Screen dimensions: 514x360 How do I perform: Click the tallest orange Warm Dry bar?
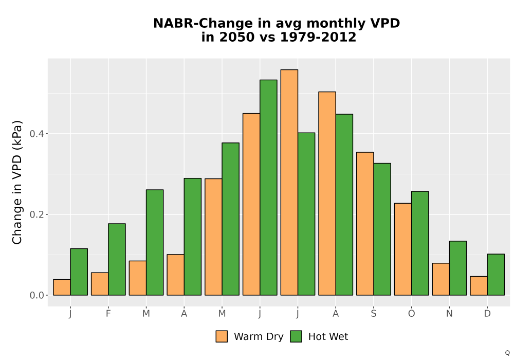[289, 182]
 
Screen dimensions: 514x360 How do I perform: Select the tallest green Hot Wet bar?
[268, 188]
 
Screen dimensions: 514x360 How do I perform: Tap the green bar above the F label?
[117, 259]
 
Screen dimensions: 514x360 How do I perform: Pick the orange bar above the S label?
[365, 224]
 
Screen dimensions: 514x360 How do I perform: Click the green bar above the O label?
[420, 243]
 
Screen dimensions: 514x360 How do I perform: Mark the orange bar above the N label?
[441, 279]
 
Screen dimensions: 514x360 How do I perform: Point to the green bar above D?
[495, 275]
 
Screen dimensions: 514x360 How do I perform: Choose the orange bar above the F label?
[100, 284]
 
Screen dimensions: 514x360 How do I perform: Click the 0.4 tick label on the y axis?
[36, 134]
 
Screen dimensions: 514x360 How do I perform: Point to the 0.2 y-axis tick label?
[36, 214]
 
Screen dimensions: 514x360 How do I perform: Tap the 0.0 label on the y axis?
[36, 295]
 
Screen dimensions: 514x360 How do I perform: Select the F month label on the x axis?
[108, 314]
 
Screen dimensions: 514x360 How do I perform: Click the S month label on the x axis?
[374, 314]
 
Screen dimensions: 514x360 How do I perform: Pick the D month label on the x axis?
[487, 314]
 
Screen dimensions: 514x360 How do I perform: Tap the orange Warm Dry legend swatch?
[222, 336]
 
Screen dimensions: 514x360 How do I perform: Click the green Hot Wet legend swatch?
[296, 336]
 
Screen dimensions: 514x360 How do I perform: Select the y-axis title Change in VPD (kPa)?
[17, 182]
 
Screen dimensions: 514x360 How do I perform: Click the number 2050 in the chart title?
[236, 37]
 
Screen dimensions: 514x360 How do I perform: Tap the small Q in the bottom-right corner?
[507, 353]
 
